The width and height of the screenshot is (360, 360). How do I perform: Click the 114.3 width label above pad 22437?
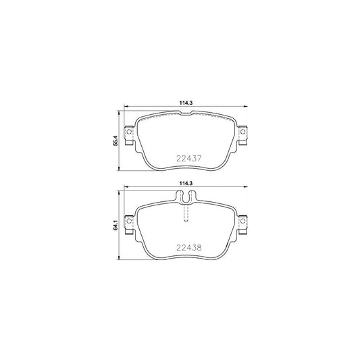coord(186,103)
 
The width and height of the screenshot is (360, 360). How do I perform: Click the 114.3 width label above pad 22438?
coord(186,183)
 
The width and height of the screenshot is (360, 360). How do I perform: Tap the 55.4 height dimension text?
coord(115,140)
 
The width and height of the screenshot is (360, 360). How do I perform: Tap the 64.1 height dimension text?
coord(115,225)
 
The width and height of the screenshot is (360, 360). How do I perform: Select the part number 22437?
coord(188,159)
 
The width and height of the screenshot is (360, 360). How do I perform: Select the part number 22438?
coord(188,247)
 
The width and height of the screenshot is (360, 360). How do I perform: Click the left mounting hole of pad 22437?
coord(129,132)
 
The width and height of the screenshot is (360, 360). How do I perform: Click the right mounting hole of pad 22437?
coord(242,132)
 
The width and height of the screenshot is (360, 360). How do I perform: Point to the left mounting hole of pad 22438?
coord(129,221)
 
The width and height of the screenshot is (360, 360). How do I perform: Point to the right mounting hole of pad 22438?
coord(242,221)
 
